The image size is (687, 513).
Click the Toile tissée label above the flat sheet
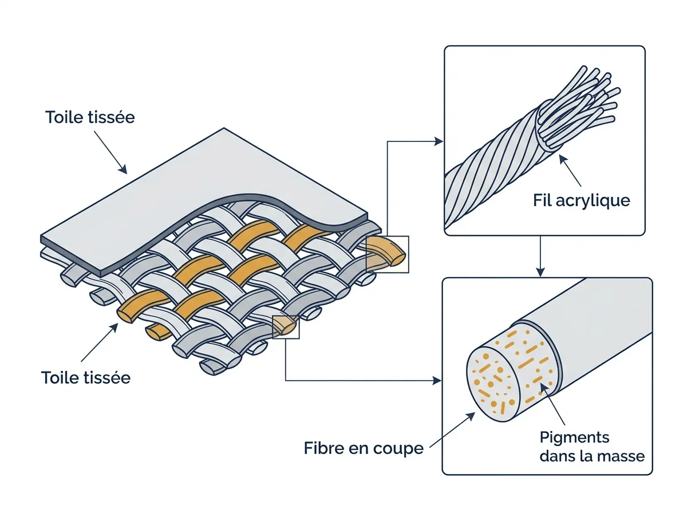(90, 117)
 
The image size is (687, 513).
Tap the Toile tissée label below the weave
(86, 378)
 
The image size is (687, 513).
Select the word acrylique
(593, 200)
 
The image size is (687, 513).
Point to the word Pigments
(575, 438)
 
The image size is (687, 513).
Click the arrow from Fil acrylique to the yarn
(570, 171)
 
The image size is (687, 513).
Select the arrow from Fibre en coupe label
(452, 430)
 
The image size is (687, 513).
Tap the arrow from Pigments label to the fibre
(552, 404)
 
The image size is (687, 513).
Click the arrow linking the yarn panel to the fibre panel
(540, 256)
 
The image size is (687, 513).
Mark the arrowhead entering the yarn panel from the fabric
(439, 141)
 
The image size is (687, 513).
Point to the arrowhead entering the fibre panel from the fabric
(437, 381)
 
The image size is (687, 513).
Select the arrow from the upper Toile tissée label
(110, 152)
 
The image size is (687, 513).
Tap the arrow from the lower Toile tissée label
(100, 342)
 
